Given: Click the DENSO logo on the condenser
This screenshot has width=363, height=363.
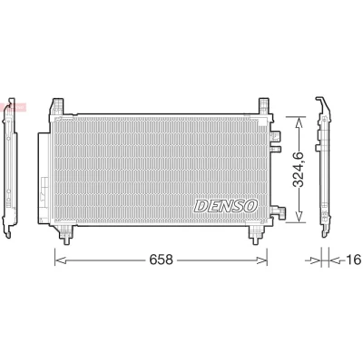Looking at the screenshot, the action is click(226, 206).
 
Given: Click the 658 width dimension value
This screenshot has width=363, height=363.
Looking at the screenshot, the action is click(161, 260).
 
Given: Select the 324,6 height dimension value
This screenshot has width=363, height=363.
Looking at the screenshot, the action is click(299, 170).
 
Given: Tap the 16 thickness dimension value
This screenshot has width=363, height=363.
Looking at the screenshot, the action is click(353, 260).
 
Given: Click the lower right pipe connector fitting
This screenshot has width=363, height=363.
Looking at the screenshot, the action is click(279, 211).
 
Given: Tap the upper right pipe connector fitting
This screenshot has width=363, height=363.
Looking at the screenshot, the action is click(276, 141).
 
